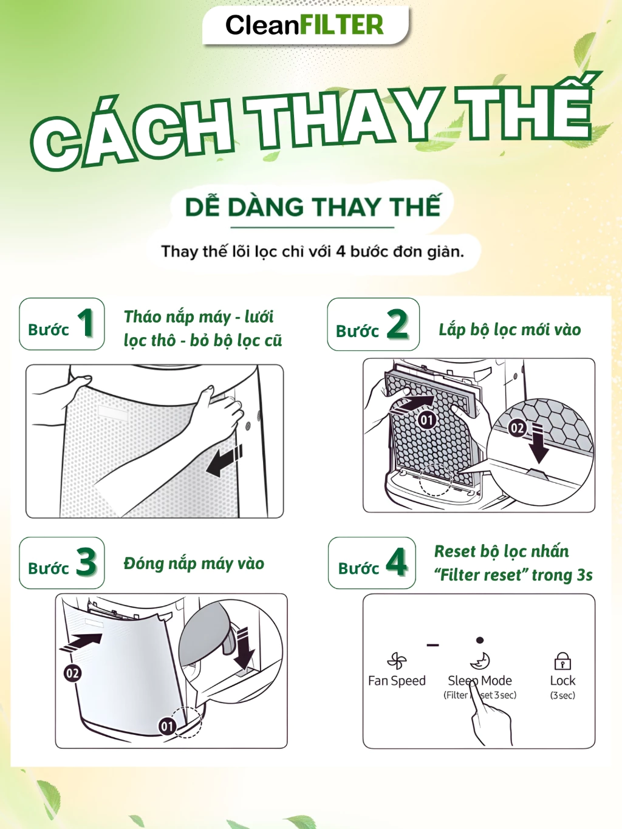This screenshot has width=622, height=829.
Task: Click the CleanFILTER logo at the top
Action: [304, 25]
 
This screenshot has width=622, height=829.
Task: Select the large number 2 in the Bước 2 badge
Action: [397, 323]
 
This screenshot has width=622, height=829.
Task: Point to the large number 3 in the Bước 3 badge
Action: [86, 562]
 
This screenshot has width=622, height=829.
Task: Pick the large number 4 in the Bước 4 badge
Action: [397, 562]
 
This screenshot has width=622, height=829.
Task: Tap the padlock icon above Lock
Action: [562, 661]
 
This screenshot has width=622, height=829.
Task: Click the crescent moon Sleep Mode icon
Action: [480, 661]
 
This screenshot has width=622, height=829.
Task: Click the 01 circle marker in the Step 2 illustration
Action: [427, 420]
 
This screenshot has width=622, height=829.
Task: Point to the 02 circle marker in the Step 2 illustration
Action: [517, 428]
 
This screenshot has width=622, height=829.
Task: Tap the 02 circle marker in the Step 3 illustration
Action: [72, 673]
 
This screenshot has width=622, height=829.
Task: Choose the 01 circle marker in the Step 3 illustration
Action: [167, 726]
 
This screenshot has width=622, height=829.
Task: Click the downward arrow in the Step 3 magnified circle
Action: [244, 648]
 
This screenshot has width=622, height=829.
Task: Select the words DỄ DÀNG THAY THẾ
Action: [313, 206]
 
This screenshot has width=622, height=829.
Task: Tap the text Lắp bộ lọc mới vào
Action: [510, 330]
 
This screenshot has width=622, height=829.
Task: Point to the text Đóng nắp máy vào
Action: [194, 564]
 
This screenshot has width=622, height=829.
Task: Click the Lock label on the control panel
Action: [562, 680]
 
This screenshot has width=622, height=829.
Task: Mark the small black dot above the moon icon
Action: [480, 640]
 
